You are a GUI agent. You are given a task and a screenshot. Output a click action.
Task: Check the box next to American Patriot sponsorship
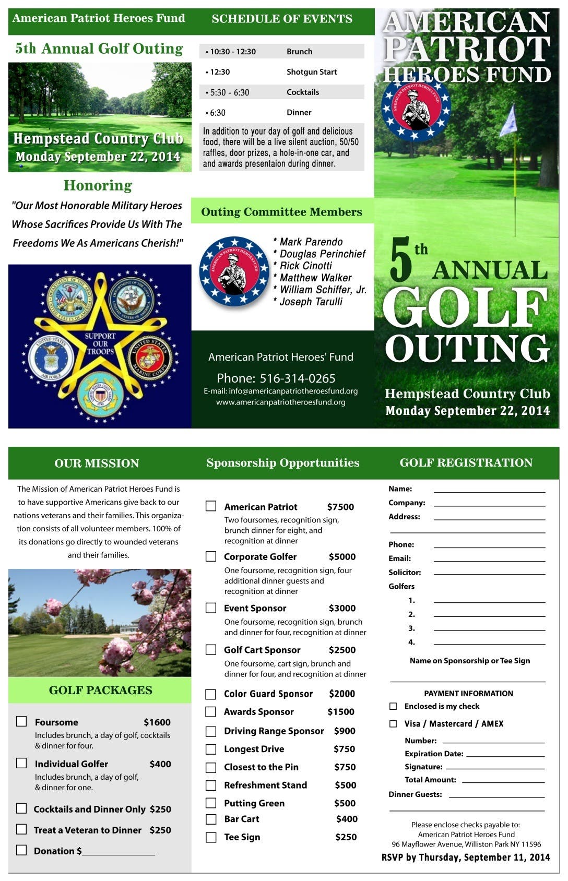(211, 506)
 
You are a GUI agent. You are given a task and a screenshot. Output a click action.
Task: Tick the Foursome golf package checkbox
(21, 721)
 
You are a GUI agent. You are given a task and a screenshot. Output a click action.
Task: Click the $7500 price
(340, 507)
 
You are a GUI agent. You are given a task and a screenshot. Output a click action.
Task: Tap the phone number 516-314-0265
(297, 378)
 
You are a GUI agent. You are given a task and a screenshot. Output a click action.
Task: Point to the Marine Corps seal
(150, 358)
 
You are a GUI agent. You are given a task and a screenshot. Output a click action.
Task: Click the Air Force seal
(51, 358)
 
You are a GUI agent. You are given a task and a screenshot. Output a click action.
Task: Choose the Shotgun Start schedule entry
(311, 72)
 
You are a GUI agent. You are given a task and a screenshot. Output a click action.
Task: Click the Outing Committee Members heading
(281, 212)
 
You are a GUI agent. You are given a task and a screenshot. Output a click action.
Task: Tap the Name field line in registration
(489, 491)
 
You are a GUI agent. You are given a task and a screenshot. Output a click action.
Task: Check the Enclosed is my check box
(393, 706)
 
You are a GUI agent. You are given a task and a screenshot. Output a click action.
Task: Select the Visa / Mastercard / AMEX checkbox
(393, 723)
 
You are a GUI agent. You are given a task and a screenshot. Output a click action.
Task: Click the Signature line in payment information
(494, 768)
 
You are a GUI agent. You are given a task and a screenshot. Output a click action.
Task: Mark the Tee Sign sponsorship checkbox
(211, 837)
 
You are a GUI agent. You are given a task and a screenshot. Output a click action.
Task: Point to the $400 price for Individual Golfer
(160, 764)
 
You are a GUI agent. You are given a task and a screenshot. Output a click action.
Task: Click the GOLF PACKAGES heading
(100, 690)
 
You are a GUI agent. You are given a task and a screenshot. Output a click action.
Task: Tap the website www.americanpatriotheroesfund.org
(281, 402)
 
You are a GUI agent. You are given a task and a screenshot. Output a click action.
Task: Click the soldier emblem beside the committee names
(234, 271)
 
